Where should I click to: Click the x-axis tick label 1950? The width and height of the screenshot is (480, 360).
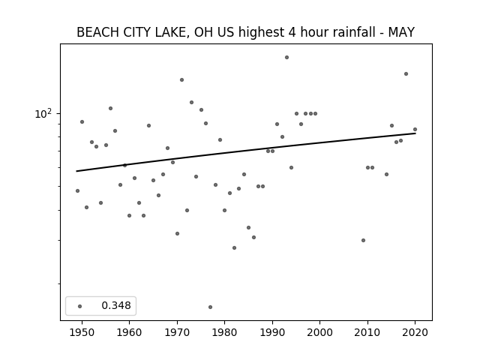click(82, 332)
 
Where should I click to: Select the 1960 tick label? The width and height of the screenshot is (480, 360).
click(129, 332)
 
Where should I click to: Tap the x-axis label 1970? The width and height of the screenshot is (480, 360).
click(177, 332)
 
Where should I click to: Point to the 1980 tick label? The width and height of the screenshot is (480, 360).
click(224, 332)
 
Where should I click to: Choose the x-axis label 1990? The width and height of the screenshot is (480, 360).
click(272, 332)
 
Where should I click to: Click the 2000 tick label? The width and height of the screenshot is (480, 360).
click(320, 332)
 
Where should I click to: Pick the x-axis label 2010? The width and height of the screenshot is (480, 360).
click(367, 332)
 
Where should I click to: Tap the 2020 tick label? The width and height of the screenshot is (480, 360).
click(415, 332)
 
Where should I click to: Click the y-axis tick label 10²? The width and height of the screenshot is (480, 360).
click(43, 113)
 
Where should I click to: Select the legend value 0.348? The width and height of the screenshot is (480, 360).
click(116, 305)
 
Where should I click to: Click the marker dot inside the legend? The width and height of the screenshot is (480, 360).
click(80, 306)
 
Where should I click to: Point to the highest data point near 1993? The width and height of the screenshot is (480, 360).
click(286, 57)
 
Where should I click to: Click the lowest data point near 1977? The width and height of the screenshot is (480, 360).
click(210, 307)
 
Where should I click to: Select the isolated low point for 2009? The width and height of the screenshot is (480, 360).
click(363, 240)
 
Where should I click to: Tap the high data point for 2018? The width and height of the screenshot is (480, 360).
click(406, 73)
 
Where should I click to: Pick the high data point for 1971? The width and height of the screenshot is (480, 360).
click(181, 80)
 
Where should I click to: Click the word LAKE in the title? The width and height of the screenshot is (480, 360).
click(170, 32)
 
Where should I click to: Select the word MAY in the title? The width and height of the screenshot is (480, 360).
click(401, 32)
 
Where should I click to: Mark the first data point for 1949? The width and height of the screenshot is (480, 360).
click(77, 190)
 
